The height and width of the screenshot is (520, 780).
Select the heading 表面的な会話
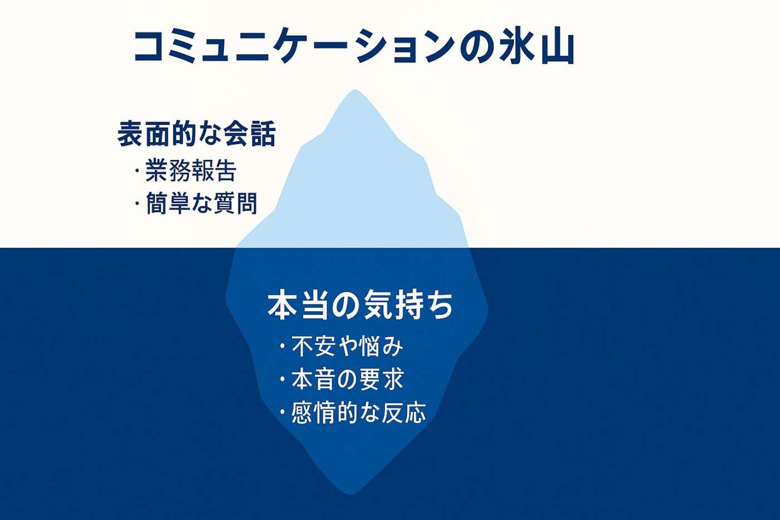click(x=196, y=133)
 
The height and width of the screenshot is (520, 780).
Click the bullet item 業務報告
click(x=191, y=171)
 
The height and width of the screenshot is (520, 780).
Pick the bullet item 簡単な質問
click(x=202, y=203)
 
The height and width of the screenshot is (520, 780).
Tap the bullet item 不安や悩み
click(x=348, y=346)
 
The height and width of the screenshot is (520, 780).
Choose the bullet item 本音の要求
click(x=348, y=379)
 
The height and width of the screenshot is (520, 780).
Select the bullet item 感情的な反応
click(x=359, y=413)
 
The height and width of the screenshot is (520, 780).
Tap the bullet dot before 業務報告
click(x=137, y=171)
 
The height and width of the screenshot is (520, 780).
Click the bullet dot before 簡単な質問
click(x=137, y=203)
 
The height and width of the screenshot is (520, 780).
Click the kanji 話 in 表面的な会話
click(x=263, y=133)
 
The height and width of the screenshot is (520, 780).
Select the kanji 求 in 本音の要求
click(x=392, y=379)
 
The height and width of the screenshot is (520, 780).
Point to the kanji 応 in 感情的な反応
click(x=415, y=413)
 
